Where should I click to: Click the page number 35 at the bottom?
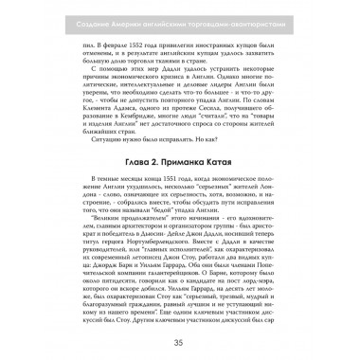pos(180,340)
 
